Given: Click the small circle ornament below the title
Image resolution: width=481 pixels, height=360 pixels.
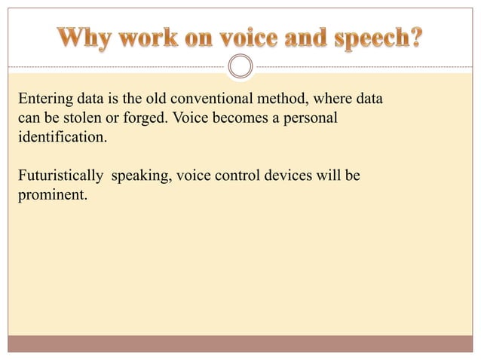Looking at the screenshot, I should click(x=240, y=66).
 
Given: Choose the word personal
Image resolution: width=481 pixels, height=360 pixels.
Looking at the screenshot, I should click(x=310, y=120).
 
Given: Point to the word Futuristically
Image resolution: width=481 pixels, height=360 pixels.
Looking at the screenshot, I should click(x=60, y=176).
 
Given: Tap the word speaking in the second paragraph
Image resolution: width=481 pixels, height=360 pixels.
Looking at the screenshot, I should click(x=140, y=177).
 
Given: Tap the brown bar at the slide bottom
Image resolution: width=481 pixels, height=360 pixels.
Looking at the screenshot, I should click(x=240, y=343).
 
